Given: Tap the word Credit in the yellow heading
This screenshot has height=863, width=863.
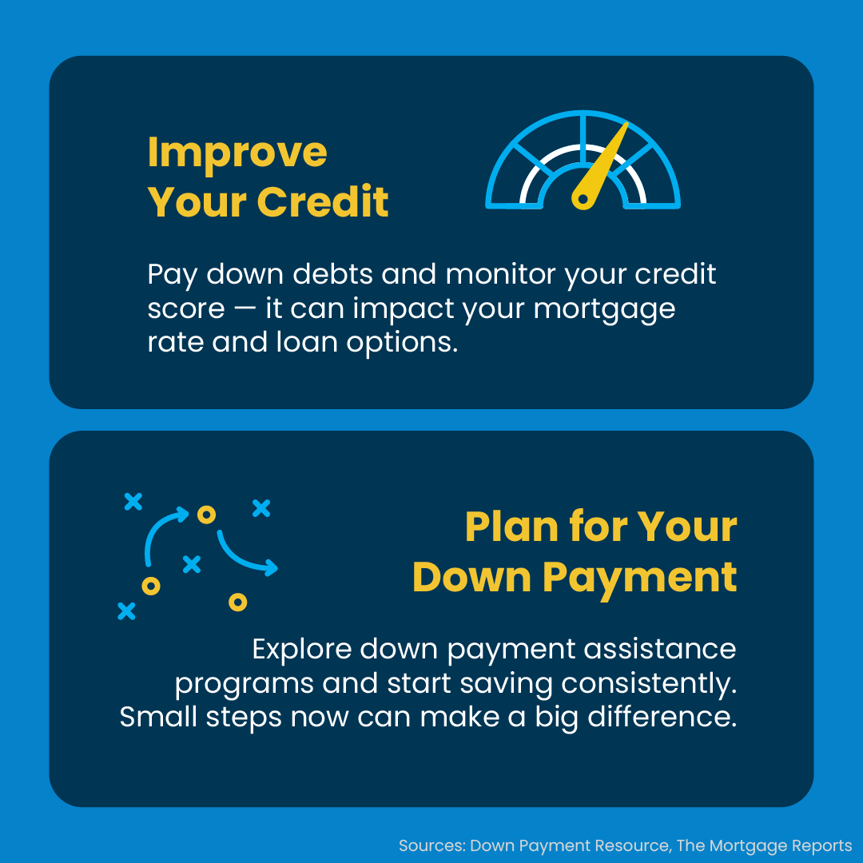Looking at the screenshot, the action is (323, 201).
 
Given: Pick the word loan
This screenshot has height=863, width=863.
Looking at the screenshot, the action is (307, 342).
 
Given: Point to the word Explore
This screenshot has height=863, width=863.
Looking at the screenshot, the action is (301, 650).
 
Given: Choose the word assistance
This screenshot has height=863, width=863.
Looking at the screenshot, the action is (660, 649).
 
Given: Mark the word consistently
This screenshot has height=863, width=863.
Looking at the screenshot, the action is (649, 684).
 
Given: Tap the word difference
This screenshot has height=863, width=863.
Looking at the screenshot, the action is (662, 717).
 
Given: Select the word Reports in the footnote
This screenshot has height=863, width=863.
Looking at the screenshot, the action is (822, 846).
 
